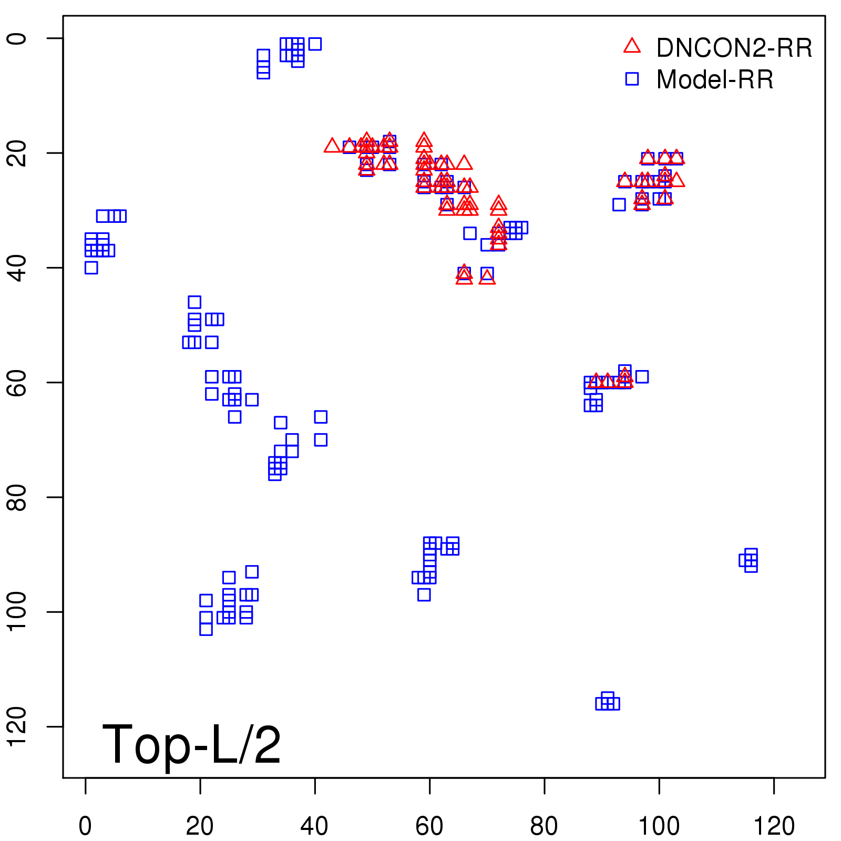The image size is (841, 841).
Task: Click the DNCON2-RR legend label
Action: pos(734,48)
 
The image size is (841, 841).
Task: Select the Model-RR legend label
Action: pos(715,80)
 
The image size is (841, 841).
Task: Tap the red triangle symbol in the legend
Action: pos(632,46)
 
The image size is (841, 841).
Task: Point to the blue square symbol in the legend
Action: pos(632,79)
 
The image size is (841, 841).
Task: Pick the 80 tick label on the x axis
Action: pos(544,826)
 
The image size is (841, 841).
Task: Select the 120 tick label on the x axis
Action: pos(774,826)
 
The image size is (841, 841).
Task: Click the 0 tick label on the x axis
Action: pos(85,826)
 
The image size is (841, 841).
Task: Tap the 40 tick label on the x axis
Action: pos(314,826)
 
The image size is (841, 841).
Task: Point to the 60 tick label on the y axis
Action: pos(17,382)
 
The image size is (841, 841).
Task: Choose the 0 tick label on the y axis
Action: pos(17,38)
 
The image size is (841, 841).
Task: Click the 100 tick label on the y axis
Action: pos(17,612)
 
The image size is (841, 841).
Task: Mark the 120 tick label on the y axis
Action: pos(17,726)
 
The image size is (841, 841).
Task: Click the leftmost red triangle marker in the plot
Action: pos(332,146)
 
